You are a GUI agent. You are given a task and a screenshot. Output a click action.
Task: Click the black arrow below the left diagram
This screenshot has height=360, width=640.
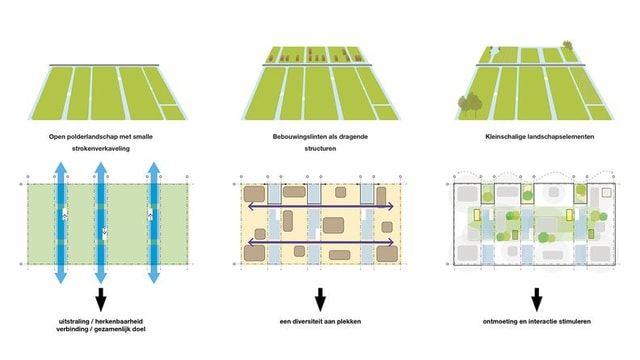[x=100, y=299]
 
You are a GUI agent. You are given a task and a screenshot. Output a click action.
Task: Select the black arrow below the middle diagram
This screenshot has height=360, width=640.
[x=320, y=299]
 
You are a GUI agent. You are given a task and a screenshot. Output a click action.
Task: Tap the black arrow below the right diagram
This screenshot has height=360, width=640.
[x=538, y=299]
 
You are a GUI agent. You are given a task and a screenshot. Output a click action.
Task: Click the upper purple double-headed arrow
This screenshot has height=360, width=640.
[x=320, y=207]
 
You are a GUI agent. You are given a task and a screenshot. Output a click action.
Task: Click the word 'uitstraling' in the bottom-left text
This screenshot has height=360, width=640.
[x=71, y=321]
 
